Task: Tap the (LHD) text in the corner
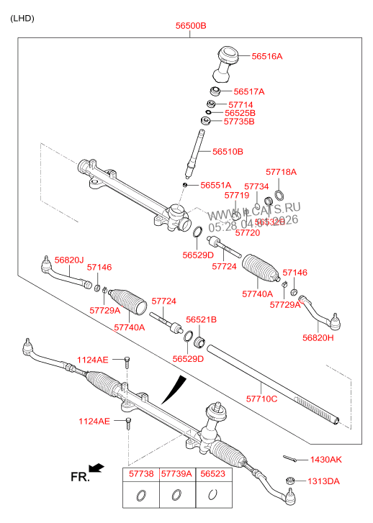pos(22,17)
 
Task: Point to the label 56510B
pos(228,152)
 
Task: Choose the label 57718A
pos(281,172)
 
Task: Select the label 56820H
pos(317,337)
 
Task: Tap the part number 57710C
pos(261,398)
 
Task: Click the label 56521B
pos(201,319)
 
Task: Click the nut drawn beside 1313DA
pos(291,481)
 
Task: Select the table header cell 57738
pos(141,476)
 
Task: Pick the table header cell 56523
pos(212,476)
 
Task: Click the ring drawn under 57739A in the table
pos(176,495)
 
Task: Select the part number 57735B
pos(239,122)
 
